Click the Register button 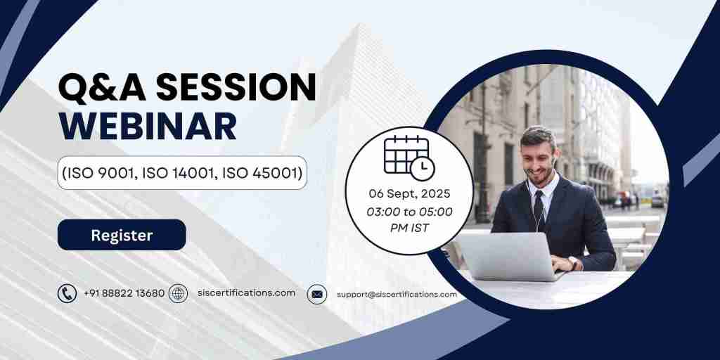[122, 235]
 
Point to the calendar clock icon [409, 156]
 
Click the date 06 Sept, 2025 [409, 193]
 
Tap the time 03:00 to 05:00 [409, 211]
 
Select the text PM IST [409, 228]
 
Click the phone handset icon [67, 293]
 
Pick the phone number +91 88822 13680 [124, 293]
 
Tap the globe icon [179, 293]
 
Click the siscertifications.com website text [246, 292]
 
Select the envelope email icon [317, 294]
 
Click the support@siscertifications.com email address [397, 294]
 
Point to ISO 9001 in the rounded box [98, 173]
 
